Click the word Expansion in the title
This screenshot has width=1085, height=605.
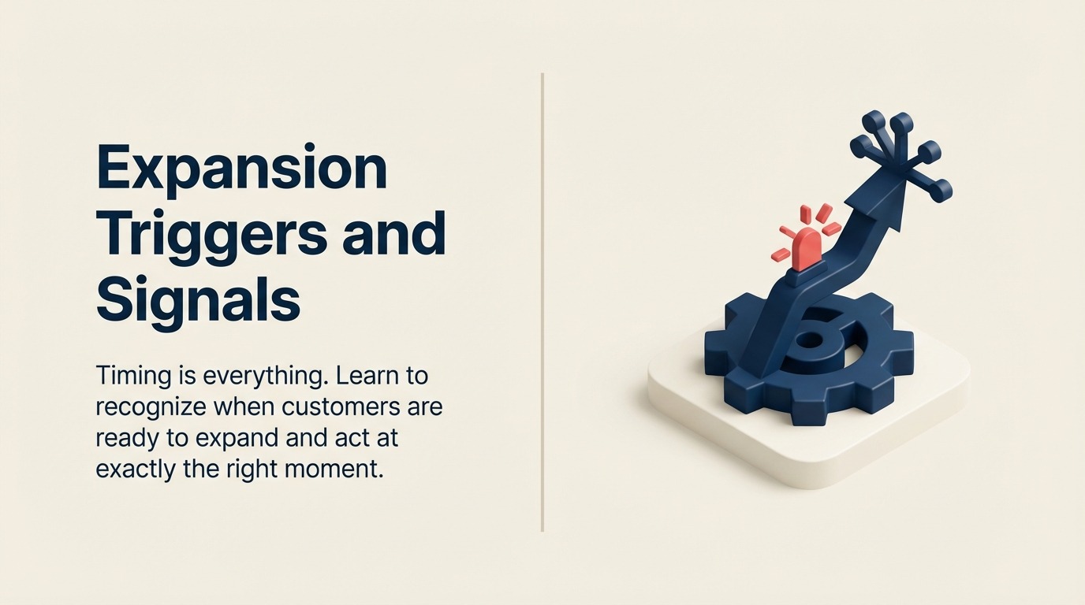click(241, 168)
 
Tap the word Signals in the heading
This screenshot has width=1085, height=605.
click(198, 299)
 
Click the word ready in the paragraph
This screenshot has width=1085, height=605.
click(123, 438)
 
